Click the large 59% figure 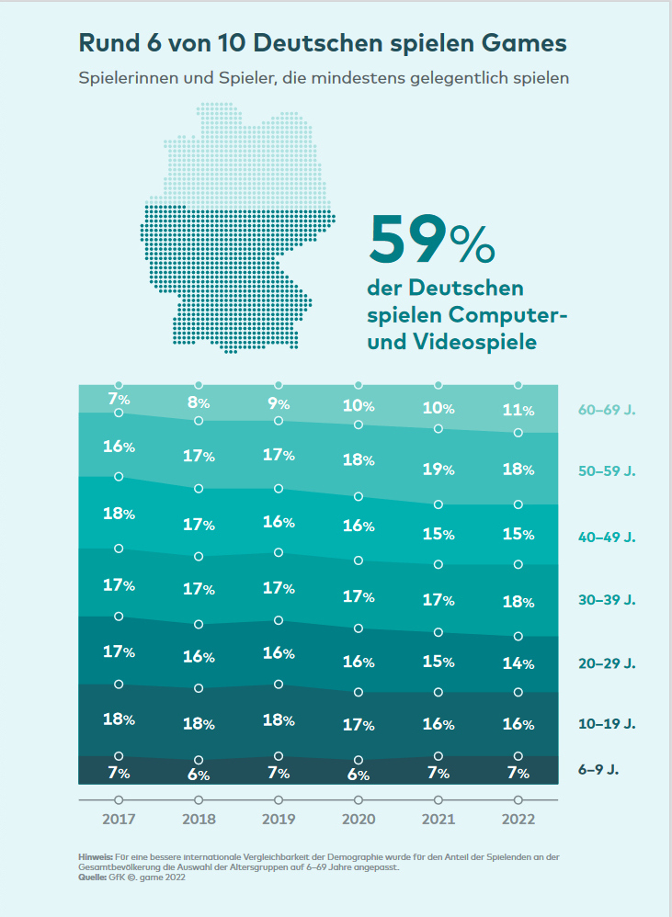(x=431, y=241)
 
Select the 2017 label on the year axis (x=119, y=818)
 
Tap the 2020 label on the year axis (x=359, y=818)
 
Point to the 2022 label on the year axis (x=518, y=818)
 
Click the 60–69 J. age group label (x=607, y=410)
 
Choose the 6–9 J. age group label (x=598, y=769)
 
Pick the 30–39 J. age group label (x=607, y=600)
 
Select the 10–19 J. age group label (x=607, y=724)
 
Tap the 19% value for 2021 (x=439, y=470)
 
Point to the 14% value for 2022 (x=518, y=662)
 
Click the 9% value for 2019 (x=279, y=402)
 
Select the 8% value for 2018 (x=199, y=402)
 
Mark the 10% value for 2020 (x=359, y=405)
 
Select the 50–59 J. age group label (x=607, y=471)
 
